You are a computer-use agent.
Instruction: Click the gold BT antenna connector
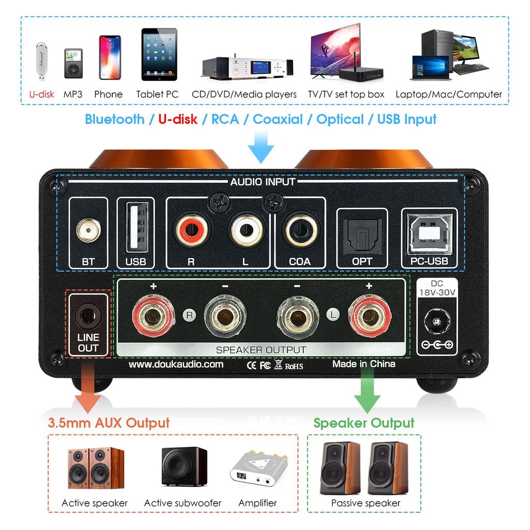click(88, 231)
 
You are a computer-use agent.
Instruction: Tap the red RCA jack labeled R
click(192, 231)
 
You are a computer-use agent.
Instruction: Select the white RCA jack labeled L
click(245, 231)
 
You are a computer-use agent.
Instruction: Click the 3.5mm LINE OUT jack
click(87, 314)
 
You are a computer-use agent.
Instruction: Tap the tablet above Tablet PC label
click(159, 54)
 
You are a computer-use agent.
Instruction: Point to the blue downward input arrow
click(261, 146)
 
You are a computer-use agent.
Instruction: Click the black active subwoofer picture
click(184, 467)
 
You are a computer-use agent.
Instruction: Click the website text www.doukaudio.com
click(175, 364)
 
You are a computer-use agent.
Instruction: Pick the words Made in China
click(364, 364)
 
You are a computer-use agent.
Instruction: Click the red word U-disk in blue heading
click(178, 120)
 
